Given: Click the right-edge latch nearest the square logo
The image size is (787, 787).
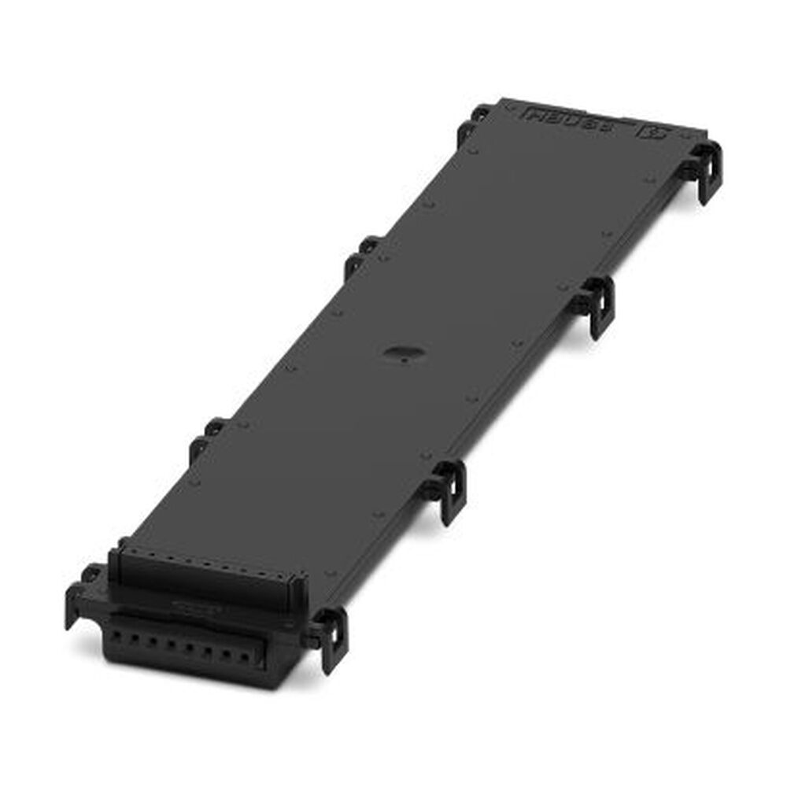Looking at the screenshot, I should coord(704,169).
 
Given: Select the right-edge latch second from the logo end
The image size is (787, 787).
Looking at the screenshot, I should coord(598,303).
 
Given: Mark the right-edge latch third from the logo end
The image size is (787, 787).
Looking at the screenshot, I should coord(447,488).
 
